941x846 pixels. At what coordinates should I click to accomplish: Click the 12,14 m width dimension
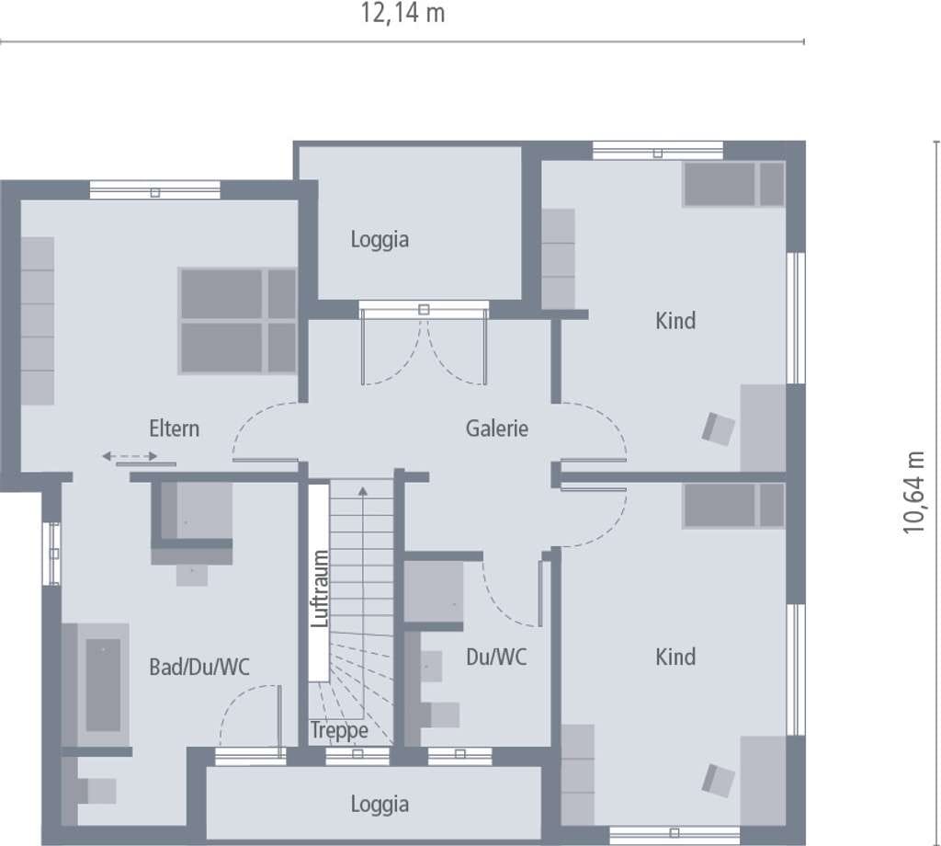coord(402,13)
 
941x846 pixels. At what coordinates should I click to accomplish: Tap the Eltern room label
coord(174,429)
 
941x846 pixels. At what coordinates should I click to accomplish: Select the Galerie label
coord(497,429)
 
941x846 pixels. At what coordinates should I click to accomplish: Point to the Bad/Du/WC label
coord(199,667)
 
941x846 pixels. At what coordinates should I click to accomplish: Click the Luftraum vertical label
coord(320,589)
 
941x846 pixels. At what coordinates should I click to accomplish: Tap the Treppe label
coord(339,731)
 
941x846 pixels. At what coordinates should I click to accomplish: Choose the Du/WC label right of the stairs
coord(496,657)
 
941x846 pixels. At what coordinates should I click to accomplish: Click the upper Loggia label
coord(380,240)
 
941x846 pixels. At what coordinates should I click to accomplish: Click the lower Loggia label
coord(380,805)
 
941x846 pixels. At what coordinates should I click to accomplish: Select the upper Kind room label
coord(675,321)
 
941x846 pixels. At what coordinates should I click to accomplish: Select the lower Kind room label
coord(675,657)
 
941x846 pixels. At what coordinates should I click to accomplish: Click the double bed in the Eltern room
coord(238,321)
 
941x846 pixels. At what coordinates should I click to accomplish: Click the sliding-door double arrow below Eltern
coord(130,456)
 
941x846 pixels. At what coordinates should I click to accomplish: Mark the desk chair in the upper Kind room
coord(719,429)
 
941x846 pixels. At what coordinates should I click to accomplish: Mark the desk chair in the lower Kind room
coord(719,781)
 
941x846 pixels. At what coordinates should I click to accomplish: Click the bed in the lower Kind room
coord(733,506)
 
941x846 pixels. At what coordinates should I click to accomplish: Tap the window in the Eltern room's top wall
coord(154,190)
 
